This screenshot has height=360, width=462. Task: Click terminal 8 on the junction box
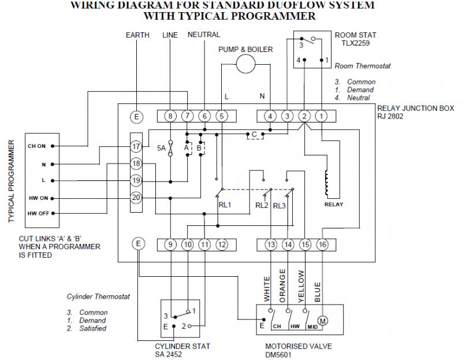pos(170,116)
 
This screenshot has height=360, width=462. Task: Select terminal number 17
pos(136,147)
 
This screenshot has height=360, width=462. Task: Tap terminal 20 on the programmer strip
pos(136,197)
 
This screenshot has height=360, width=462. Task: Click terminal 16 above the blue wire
pos(322,244)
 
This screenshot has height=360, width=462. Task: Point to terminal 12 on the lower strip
pos(222,244)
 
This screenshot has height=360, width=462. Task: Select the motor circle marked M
pos(323,320)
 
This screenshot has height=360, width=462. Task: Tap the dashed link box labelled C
pos(254,135)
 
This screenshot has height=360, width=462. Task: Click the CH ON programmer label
pos(36,146)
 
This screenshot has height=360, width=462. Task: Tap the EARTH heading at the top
pos(137,35)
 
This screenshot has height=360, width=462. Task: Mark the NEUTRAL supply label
pos(204,35)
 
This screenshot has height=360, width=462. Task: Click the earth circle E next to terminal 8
pos(136,116)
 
